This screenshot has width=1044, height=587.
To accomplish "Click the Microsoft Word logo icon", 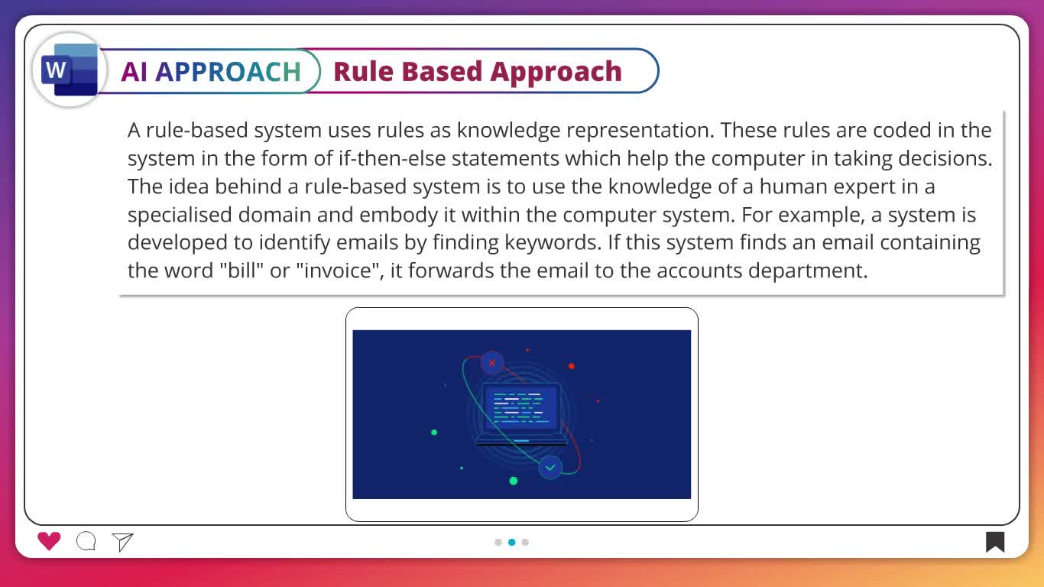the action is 70,70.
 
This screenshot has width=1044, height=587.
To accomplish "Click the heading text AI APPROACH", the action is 211,72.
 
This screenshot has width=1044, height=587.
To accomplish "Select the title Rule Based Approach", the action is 478,72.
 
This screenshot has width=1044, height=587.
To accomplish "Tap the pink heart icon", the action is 49,541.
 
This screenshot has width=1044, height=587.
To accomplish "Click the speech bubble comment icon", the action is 86,541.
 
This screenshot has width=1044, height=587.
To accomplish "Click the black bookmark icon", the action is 994,542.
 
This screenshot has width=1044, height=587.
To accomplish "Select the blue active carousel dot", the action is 512,542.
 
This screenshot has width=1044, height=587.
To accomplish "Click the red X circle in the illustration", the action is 492,363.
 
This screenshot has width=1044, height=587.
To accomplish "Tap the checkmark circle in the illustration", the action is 550,467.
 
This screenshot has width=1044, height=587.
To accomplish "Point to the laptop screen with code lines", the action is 521,408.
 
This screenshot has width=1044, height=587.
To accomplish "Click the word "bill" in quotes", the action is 242,271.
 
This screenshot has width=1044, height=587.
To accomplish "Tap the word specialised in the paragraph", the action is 180,215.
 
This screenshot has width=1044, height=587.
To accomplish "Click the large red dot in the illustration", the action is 572,366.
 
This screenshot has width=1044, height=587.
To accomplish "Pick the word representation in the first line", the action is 640,131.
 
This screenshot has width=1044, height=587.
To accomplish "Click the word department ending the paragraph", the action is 808,271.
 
